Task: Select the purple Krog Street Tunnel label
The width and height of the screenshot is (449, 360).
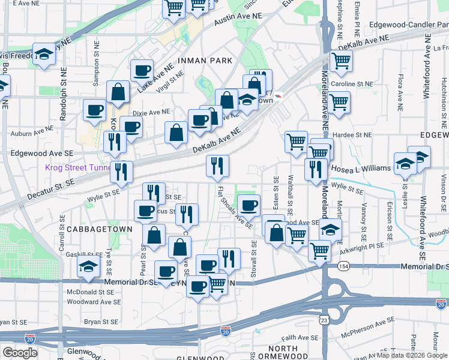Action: click(77, 167)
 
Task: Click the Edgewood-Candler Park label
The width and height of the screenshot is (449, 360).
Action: click(405, 26)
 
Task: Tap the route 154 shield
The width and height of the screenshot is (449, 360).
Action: click(342, 265)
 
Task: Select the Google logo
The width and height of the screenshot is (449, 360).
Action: click(20, 352)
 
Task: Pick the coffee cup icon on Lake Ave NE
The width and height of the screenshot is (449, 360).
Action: click(142, 70)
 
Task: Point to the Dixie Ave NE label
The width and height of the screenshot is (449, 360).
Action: click(150, 112)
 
